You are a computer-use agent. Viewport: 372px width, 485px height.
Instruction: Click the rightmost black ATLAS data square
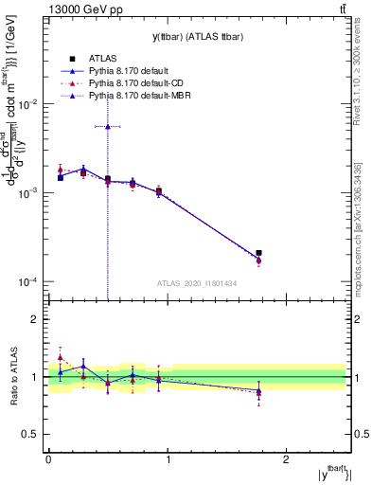[x=258, y=253]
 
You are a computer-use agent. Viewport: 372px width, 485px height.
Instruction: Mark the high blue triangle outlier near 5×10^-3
[x=108, y=126]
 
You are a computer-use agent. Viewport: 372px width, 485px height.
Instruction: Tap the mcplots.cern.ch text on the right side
[x=357, y=237]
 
